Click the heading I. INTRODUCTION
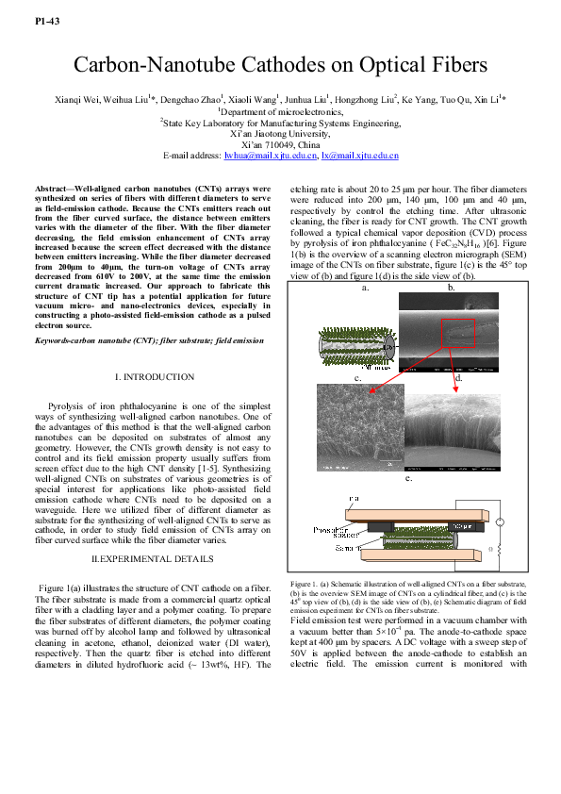(x=155, y=376)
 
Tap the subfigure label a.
(x=364, y=288)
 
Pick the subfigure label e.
(x=407, y=478)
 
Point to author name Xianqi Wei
(x=78, y=98)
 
